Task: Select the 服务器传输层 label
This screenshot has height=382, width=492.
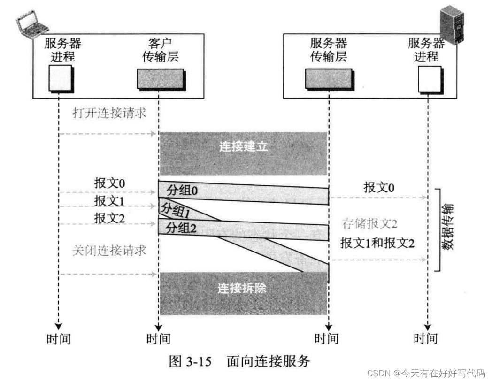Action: point(328,50)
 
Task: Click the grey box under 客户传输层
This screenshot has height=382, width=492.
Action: point(160,79)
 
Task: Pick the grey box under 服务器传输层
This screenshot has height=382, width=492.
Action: point(328,79)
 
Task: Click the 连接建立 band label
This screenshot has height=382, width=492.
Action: point(243,147)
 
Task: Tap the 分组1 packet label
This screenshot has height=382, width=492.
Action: point(175,211)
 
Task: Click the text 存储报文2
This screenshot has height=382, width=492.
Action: point(369,224)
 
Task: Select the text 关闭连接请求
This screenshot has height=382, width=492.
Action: point(109,250)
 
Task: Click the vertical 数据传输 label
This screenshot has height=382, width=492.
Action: point(449,229)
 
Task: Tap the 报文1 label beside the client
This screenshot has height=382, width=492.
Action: point(109,201)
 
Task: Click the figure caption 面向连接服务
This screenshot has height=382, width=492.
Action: point(268,361)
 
